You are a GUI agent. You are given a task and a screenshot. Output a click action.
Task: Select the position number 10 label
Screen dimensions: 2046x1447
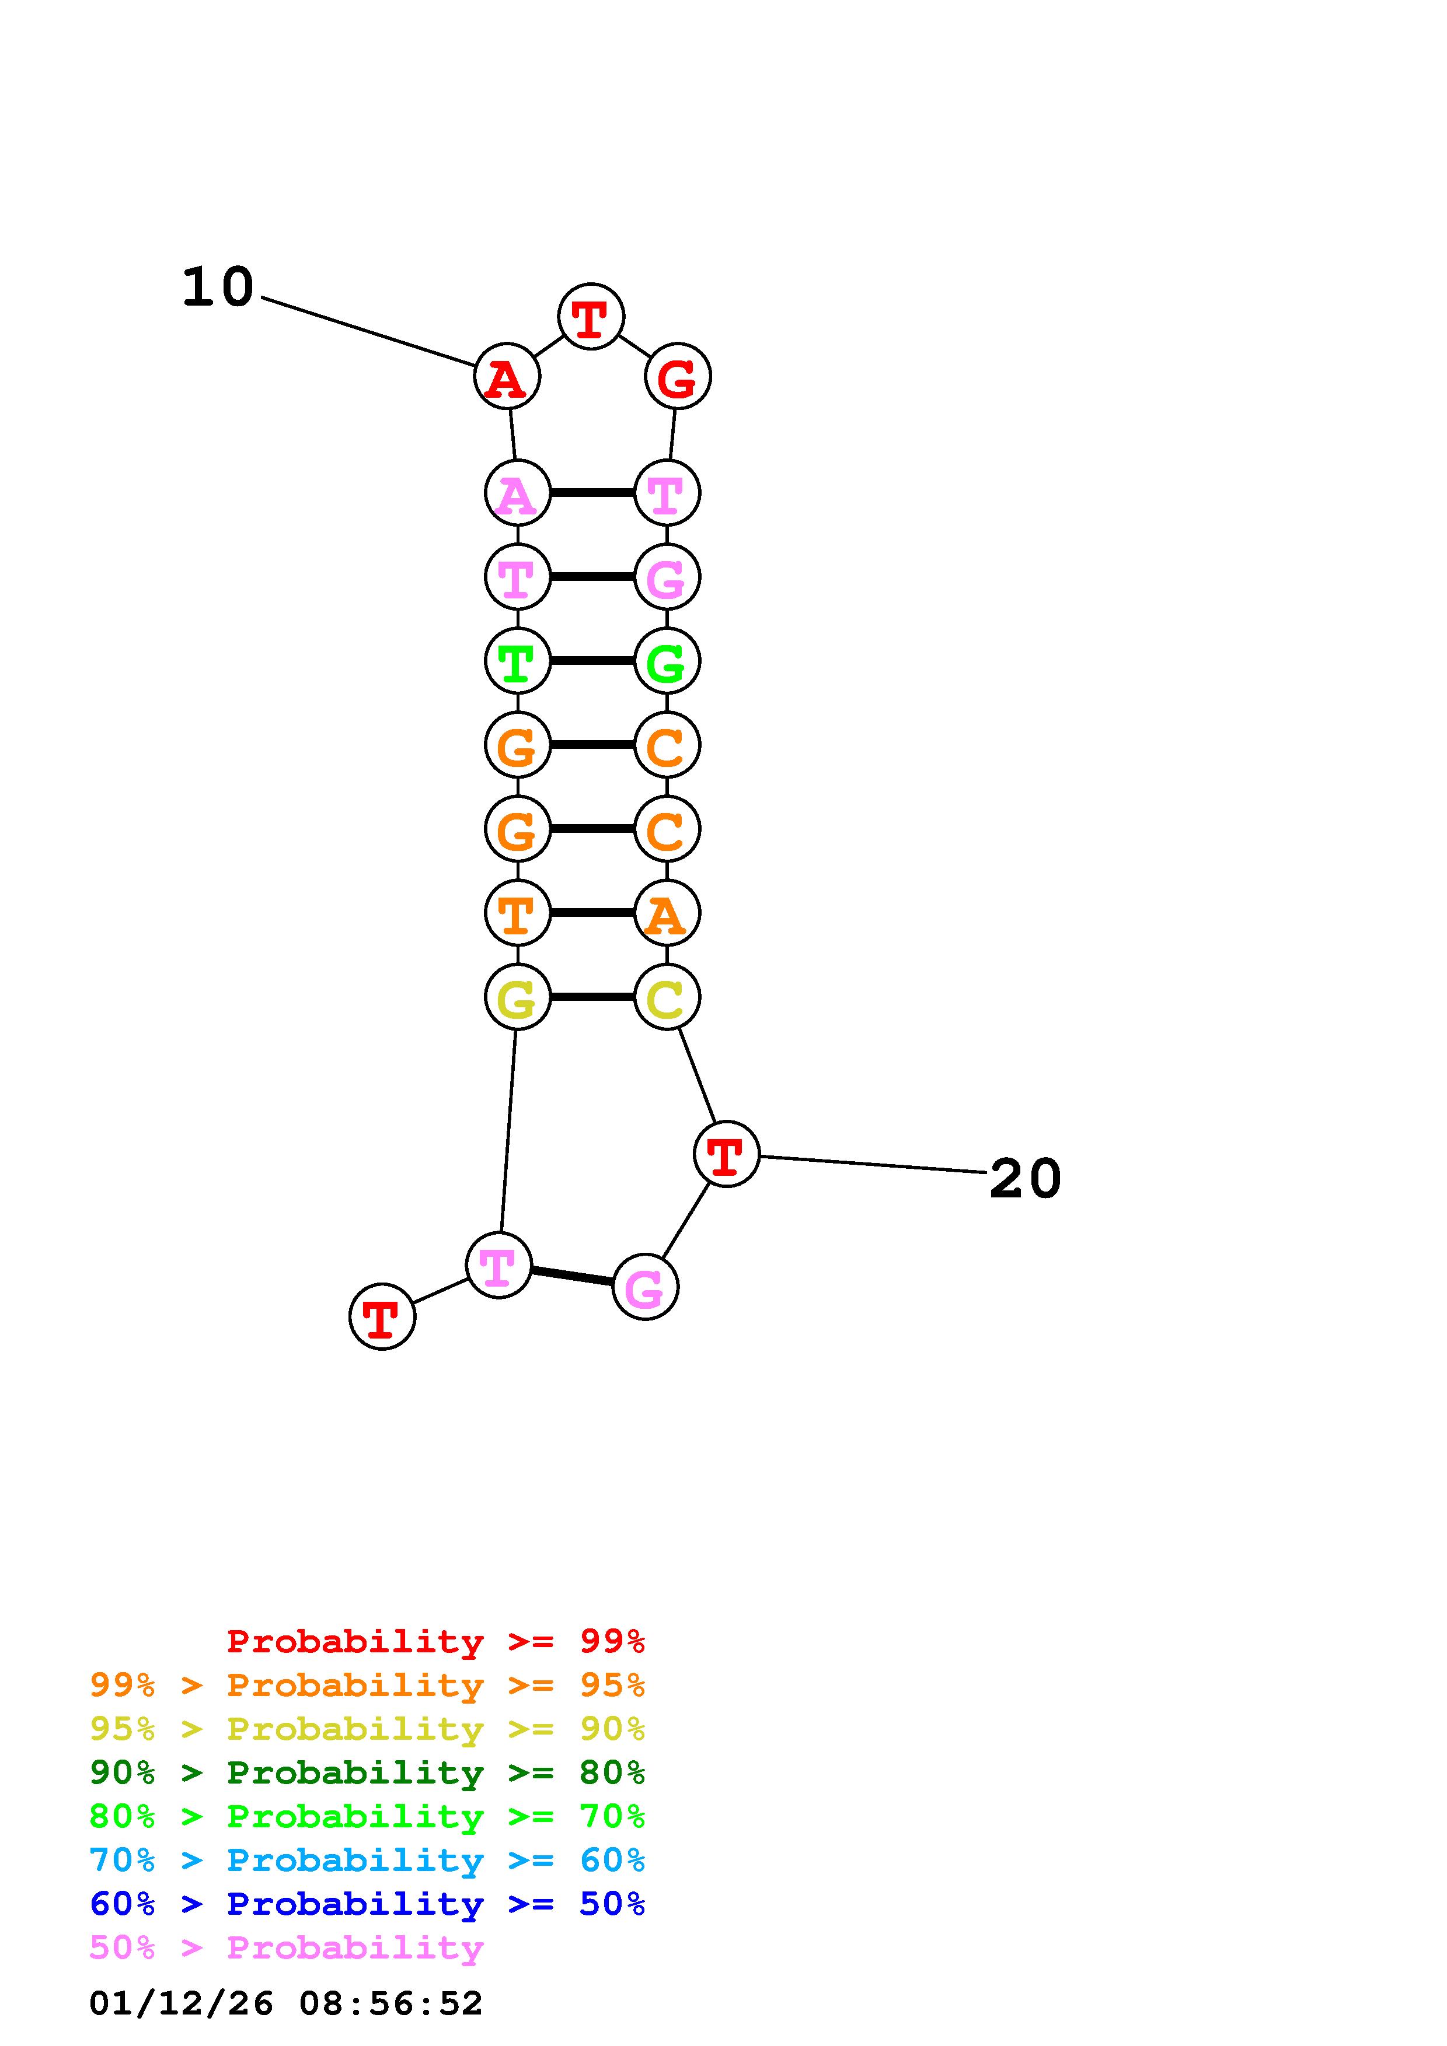218,288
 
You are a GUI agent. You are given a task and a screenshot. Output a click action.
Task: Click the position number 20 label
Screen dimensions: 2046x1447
1026,1179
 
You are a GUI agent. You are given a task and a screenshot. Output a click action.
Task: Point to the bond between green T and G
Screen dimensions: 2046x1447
592,660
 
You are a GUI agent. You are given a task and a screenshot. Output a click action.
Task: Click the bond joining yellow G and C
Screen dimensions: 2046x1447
592,996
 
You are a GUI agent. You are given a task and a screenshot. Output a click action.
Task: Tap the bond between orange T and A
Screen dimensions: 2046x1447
592,913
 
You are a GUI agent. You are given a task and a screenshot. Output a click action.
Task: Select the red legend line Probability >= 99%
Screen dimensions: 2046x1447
436,1641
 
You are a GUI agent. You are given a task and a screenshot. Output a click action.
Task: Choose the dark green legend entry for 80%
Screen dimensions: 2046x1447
367,1772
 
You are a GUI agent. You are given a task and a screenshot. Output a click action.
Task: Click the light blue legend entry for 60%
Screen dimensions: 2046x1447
367,1860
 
